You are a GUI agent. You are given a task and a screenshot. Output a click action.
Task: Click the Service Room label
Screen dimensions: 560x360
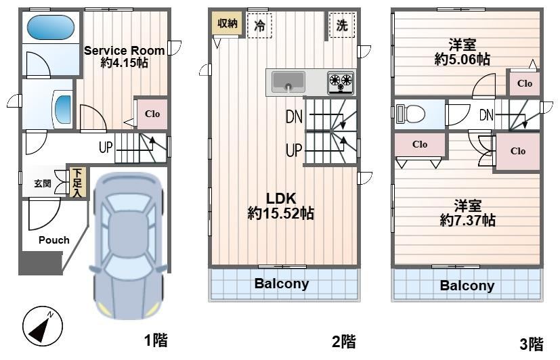click(125, 51)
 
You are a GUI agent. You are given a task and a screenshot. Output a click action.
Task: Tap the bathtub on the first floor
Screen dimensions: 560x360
click(51, 27)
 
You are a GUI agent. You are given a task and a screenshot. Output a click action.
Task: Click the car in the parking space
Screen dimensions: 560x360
click(128, 246)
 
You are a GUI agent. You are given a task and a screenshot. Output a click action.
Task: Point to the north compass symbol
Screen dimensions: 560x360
click(43, 325)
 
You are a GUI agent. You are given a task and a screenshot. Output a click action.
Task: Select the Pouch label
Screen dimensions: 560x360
click(54, 240)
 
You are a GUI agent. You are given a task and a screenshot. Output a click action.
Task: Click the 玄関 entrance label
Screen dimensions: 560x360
click(43, 184)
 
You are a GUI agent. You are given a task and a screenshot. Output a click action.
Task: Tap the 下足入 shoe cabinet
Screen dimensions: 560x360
click(77, 183)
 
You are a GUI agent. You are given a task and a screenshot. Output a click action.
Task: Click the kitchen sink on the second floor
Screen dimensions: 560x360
click(288, 82)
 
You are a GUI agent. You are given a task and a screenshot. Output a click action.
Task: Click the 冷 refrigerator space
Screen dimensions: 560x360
click(259, 25)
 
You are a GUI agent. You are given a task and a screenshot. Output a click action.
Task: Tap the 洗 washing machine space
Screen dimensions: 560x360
click(342, 25)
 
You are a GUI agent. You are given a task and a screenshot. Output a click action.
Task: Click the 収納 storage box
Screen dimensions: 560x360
click(227, 23)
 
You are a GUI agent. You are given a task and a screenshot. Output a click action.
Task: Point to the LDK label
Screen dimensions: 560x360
click(281, 198)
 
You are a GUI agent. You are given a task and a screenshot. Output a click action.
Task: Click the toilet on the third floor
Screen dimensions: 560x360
click(410, 114)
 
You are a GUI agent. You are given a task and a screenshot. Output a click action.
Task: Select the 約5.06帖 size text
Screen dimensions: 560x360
click(462, 60)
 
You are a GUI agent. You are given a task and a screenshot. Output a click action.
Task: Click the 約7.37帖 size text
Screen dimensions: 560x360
click(467, 221)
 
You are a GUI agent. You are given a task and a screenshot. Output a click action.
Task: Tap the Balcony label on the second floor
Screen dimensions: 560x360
click(282, 284)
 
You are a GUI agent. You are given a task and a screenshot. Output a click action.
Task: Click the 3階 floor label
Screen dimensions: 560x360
click(532, 344)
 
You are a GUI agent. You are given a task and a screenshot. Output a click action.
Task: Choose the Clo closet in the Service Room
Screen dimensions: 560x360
click(152, 114)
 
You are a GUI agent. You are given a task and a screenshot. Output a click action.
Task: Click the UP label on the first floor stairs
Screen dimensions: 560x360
click(106, 147)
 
